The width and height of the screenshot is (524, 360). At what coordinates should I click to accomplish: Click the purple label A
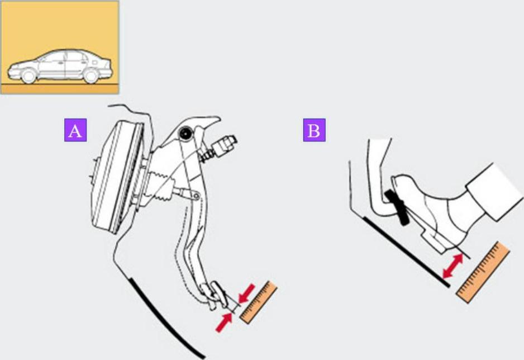[x=75, y=130]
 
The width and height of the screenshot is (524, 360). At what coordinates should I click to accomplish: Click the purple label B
[x=314, y=130]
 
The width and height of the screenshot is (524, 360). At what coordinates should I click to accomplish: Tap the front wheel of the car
[x=28, y=76]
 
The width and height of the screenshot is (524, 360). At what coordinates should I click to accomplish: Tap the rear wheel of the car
[x=90, y=76]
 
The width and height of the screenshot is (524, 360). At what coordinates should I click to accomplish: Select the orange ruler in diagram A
[x=259, y=302]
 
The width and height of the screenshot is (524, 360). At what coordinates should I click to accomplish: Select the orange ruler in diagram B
[x=483, y=272]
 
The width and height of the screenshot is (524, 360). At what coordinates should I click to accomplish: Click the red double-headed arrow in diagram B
[x=453, y=266]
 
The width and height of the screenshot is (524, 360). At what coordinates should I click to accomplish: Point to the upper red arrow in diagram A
[x=246, y=294]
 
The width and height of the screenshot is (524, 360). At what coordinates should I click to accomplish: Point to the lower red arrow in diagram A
[x=224, y=322]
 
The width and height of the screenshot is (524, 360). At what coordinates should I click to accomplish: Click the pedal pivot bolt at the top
[x=184, y=134]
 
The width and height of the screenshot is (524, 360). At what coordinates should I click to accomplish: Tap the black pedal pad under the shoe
[x=397, y=207]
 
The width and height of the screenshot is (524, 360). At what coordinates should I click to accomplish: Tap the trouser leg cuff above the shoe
[x=494, y=192]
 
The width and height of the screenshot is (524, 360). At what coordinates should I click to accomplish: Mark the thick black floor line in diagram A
[x=165, y=318]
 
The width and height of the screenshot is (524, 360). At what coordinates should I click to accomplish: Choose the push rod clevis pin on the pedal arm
[x=197, y=196]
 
